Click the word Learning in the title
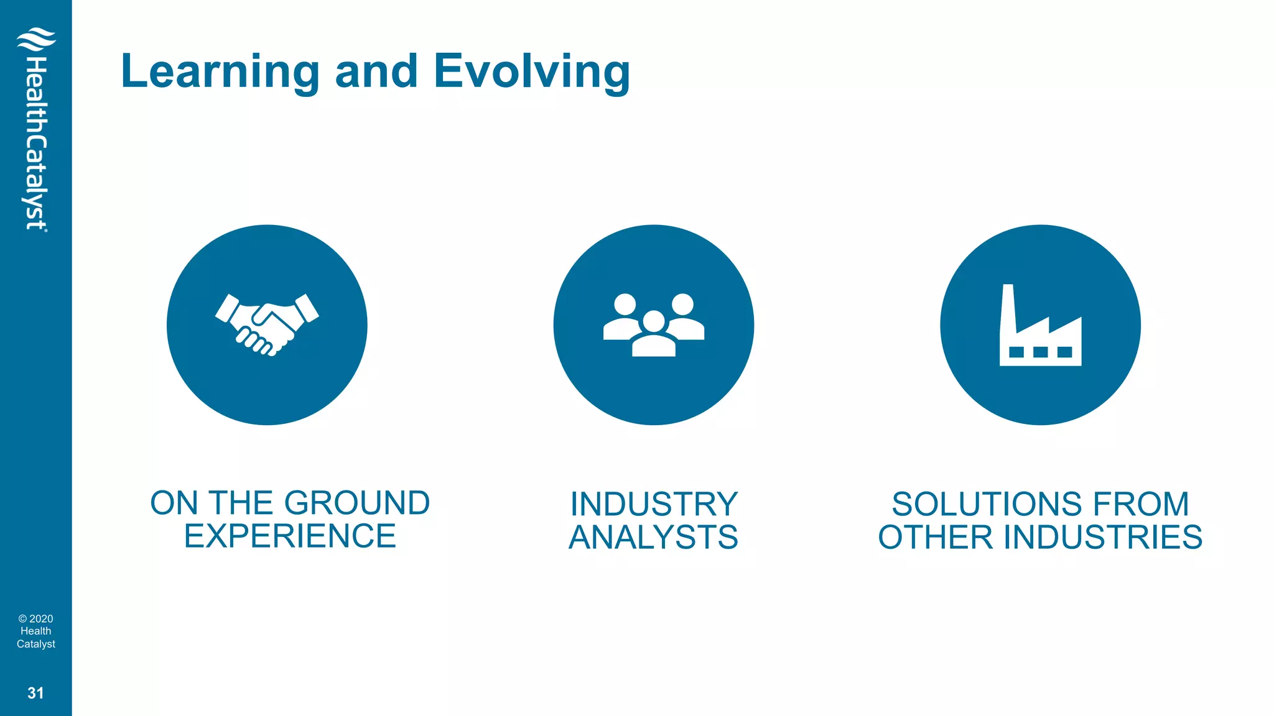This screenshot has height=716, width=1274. click(220, 72)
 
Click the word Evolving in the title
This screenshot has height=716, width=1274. click(532, 72)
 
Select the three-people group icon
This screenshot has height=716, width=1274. click(653, 324)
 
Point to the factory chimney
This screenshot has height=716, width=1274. click(1008, 308)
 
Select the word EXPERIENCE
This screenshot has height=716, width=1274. click(290, 536)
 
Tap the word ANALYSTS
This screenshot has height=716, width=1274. click(653, 538)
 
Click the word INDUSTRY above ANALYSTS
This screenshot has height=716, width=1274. click(654, 504)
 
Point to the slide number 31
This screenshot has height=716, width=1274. click(35, 693)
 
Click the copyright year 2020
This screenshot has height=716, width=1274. click(41, 619)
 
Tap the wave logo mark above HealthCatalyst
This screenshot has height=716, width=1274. click(36, 40)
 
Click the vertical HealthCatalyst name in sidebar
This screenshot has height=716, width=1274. click(36, 143)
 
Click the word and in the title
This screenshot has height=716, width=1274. click(376, 72)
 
